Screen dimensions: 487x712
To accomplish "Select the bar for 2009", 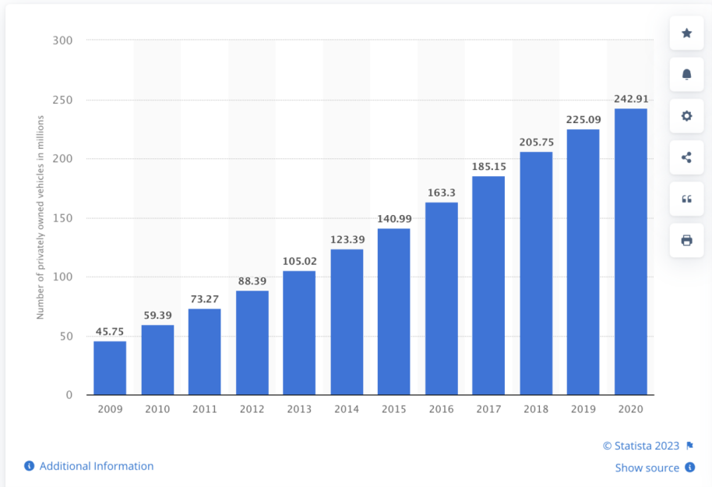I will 110,368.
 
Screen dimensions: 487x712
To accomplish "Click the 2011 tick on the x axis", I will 204,408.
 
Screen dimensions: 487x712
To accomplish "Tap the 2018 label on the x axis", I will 536,408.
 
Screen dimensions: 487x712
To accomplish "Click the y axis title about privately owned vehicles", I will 41,217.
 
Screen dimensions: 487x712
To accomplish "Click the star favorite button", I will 686,33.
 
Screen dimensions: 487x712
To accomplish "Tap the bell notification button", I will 686,74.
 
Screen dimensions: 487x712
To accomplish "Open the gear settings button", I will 686,115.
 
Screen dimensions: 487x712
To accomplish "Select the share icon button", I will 686,157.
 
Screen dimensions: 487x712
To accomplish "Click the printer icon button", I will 686,240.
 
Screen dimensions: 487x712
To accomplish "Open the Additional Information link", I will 96,466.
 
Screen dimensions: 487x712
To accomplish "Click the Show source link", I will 647,468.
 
